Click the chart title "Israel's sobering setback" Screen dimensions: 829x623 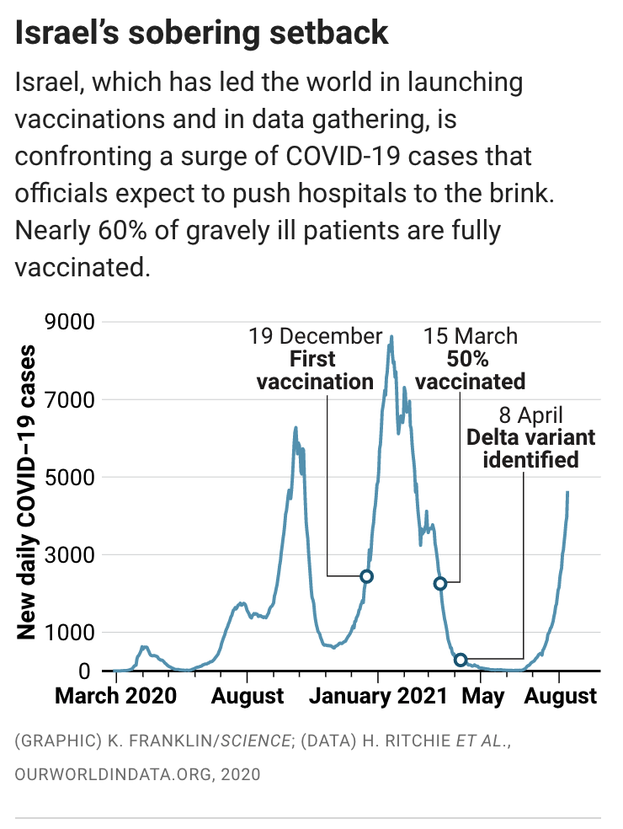click(202, 33)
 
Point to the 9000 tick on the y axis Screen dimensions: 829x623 click(71, 322)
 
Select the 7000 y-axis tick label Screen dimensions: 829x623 click(71, 399)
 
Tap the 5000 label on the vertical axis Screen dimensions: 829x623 click(71, 477)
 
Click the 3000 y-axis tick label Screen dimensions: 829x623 click(71, 555)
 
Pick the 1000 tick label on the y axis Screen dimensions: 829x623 click(71, 633)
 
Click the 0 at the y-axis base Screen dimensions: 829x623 click(85, 671)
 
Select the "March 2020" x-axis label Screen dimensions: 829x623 click(115, 697)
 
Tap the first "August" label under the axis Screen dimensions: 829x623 click(247, 697)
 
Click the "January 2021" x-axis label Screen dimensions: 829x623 click(377, 697)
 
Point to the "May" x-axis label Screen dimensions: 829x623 click(483, 697)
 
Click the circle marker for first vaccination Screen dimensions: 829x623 click(366, 576)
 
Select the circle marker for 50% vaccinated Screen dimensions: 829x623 click(439, 583)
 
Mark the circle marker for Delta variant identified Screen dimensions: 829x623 click(460, 660)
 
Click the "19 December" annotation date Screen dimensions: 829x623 click(315, 337)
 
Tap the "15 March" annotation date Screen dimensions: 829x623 click(471, 337)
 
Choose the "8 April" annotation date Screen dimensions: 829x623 click(530, 415)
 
